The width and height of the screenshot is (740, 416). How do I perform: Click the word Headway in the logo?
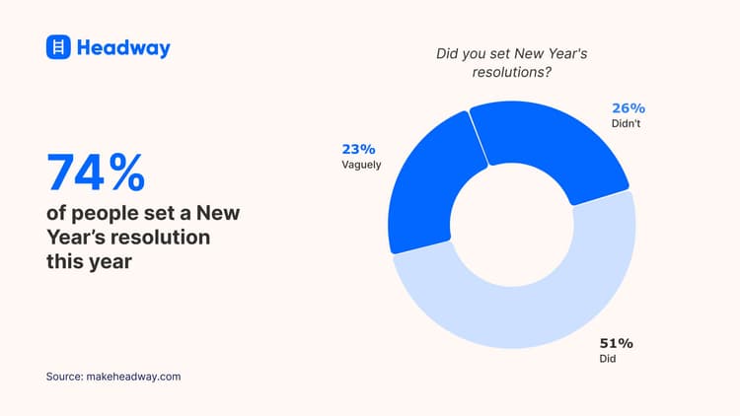pos(123,48)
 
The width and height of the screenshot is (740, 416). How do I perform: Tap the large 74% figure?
pos(96,173)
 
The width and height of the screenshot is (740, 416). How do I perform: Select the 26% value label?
pos(628,108)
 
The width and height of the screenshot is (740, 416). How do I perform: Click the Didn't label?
pos(626,125)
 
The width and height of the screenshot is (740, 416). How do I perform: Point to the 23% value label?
pos(359,149)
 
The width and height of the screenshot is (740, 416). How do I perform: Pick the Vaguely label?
pos(361,166)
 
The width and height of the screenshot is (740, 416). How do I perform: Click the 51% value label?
pos(616,343)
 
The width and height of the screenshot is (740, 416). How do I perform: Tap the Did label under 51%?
pos(608,360)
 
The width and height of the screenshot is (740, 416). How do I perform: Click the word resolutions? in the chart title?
pos(512,73)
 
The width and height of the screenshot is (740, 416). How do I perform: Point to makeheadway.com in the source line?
pos(136,377)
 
